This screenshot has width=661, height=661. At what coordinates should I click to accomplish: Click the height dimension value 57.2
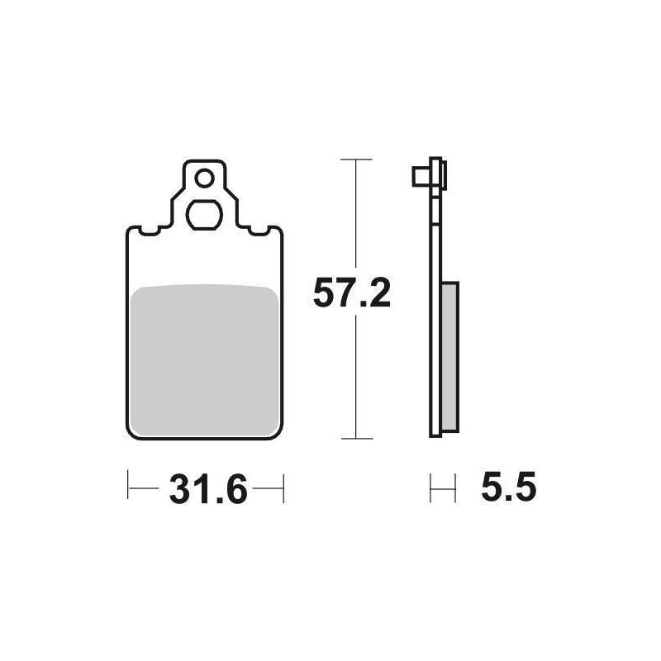point(351,293)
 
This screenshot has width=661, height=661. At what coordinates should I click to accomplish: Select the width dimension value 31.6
point(208,491)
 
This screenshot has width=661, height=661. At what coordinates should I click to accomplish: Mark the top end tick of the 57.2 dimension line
point(355,159)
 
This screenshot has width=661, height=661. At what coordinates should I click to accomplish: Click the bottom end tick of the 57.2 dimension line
point(355,437)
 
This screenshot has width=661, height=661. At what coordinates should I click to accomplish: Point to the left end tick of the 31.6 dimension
point(128,487)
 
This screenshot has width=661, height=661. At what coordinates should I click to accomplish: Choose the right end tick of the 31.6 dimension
point(283,487)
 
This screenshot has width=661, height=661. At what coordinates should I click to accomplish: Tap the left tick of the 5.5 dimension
point(431,487)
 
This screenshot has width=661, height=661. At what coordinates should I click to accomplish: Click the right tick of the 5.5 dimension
point(455,487)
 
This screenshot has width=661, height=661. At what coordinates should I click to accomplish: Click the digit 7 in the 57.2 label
point(340,293)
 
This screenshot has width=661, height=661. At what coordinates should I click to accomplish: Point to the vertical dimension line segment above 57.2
point(355,215)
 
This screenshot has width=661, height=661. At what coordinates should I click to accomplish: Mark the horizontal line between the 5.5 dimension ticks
point(443,487)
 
